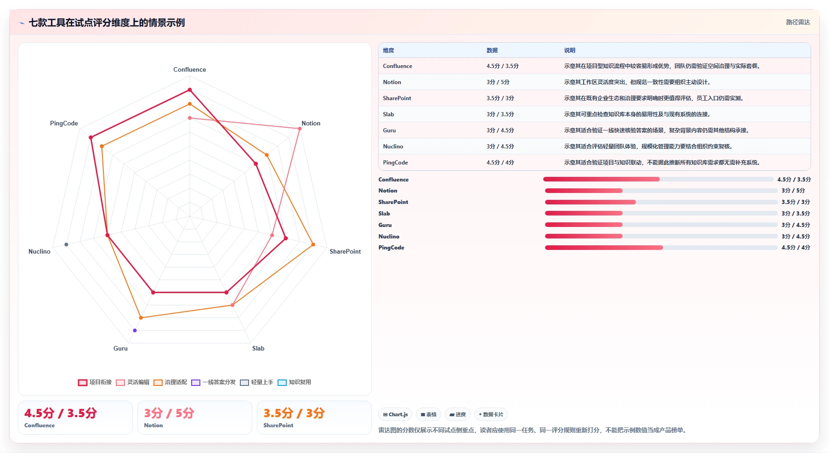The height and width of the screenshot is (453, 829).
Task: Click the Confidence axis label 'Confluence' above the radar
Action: [189, 69]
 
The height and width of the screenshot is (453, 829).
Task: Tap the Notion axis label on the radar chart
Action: [311, 123]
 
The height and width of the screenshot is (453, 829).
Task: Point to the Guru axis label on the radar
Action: [120, 348]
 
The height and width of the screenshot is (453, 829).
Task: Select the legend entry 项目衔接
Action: [95, 382]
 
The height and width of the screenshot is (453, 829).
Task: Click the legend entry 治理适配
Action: [170, 382]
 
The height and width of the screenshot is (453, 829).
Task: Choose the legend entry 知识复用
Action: [295, 382]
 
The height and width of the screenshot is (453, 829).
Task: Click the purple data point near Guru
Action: [135, 330]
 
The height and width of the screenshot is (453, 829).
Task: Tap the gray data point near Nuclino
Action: [67, 244]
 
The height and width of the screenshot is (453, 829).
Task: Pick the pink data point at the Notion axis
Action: [300, 129]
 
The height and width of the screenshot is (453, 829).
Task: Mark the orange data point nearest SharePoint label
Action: [313, 244]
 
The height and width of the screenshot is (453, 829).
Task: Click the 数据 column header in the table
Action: [492, 51]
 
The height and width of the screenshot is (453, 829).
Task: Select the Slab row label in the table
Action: [388, 114]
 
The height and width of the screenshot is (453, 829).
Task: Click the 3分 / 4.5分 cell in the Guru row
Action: [500, 130]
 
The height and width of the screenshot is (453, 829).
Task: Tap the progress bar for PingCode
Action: [661, 248]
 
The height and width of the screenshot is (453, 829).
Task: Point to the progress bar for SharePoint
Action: [661, 202]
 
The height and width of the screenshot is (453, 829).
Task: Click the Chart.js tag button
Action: [395, 414]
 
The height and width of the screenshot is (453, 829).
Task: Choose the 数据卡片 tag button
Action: [491, 414]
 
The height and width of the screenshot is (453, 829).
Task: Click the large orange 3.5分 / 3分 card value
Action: [294, 413]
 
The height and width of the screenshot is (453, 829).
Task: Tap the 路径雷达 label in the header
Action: [798, 22]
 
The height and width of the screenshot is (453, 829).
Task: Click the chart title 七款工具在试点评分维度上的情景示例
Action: [107, 23]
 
